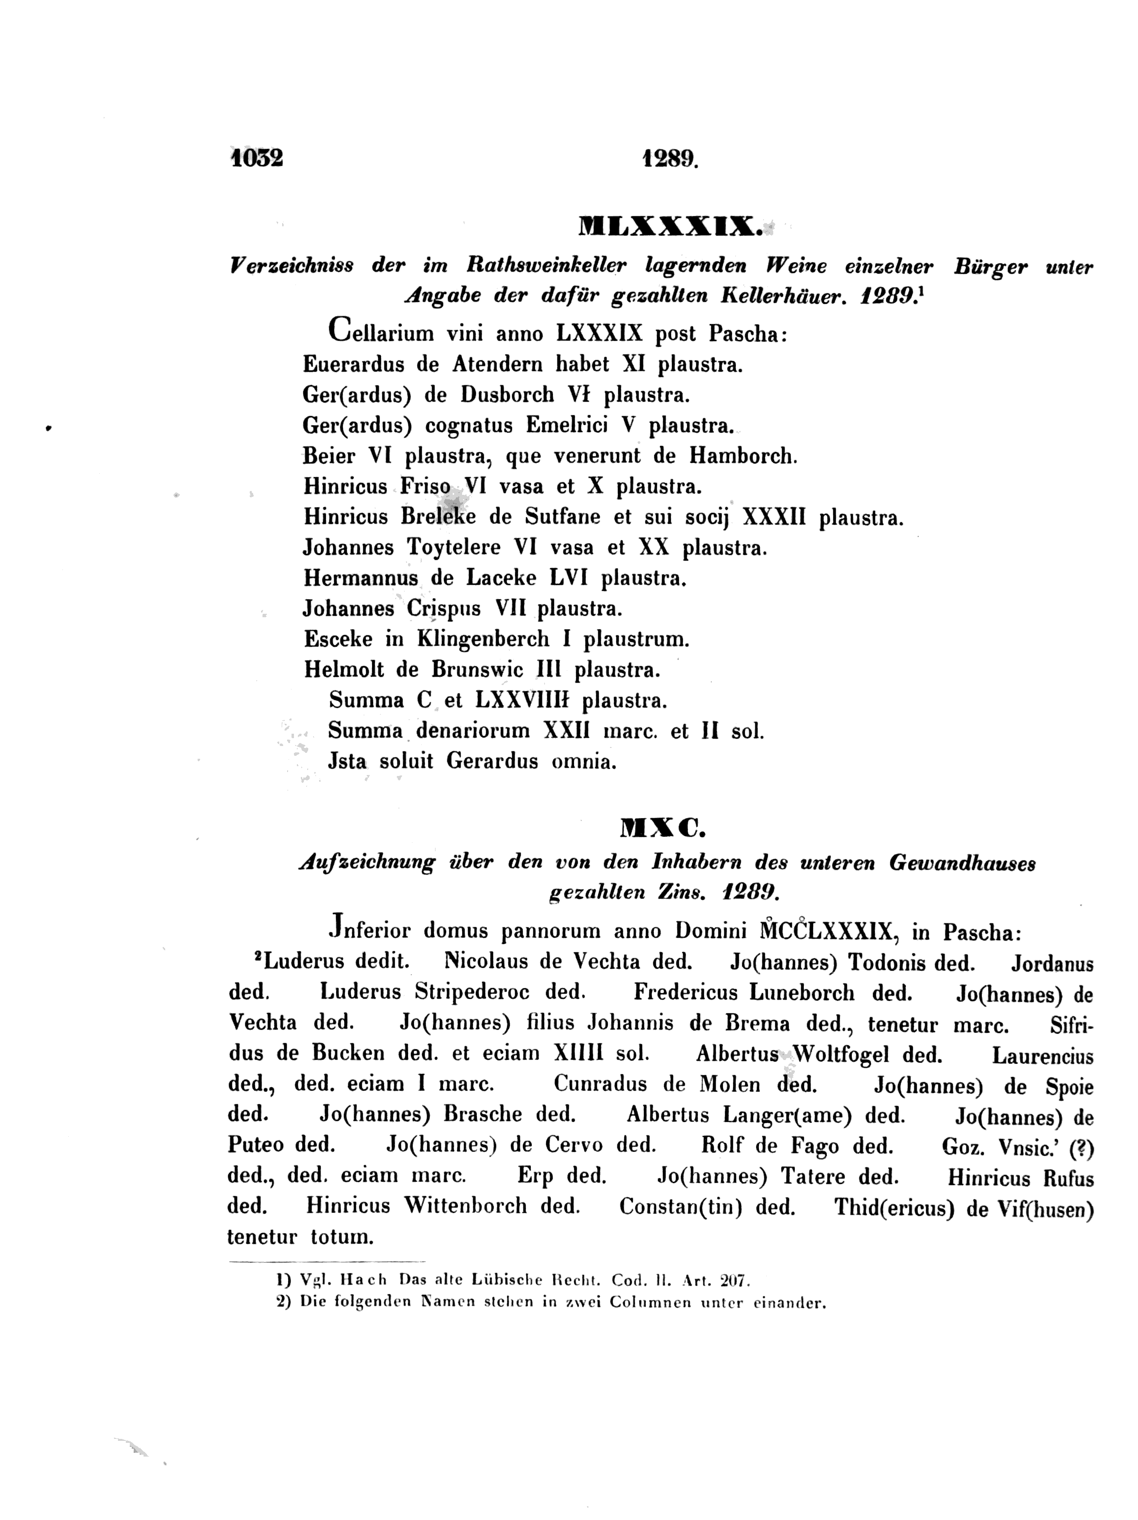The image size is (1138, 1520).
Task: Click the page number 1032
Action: click(x=257, y=158)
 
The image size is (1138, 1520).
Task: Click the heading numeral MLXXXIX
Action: click(x=670, y=226)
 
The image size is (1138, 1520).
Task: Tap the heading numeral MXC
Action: click(x=663, y=830)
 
